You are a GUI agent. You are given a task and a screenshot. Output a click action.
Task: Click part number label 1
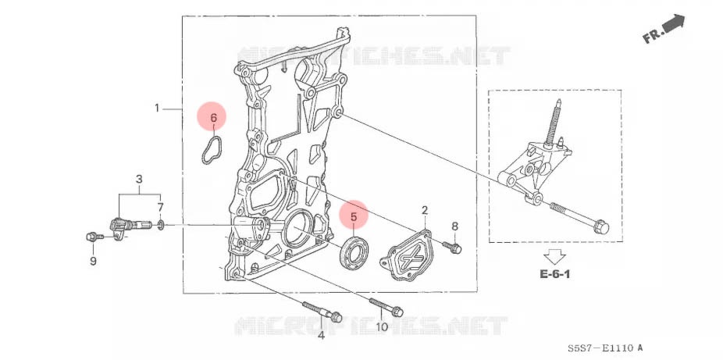156,108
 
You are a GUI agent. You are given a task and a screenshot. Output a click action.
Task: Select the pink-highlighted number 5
354,216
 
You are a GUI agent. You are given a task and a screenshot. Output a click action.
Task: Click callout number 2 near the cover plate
425,210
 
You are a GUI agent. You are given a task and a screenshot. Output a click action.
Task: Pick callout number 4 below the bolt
320,336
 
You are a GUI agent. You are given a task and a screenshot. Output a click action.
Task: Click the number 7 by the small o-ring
161,208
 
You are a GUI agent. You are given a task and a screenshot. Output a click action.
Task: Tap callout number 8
455,226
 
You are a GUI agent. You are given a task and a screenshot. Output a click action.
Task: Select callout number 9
93,261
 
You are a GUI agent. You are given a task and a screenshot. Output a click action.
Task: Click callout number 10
382,327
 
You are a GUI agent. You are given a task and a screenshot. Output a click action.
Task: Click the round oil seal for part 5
354,250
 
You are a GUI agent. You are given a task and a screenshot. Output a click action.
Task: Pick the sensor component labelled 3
125,227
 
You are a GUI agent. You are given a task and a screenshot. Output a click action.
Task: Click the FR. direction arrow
664,29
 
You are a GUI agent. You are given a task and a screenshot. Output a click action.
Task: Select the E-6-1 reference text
555,275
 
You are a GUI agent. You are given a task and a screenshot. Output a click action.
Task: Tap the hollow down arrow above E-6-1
555,255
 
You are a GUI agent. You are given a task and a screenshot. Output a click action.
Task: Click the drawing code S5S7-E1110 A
605,348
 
